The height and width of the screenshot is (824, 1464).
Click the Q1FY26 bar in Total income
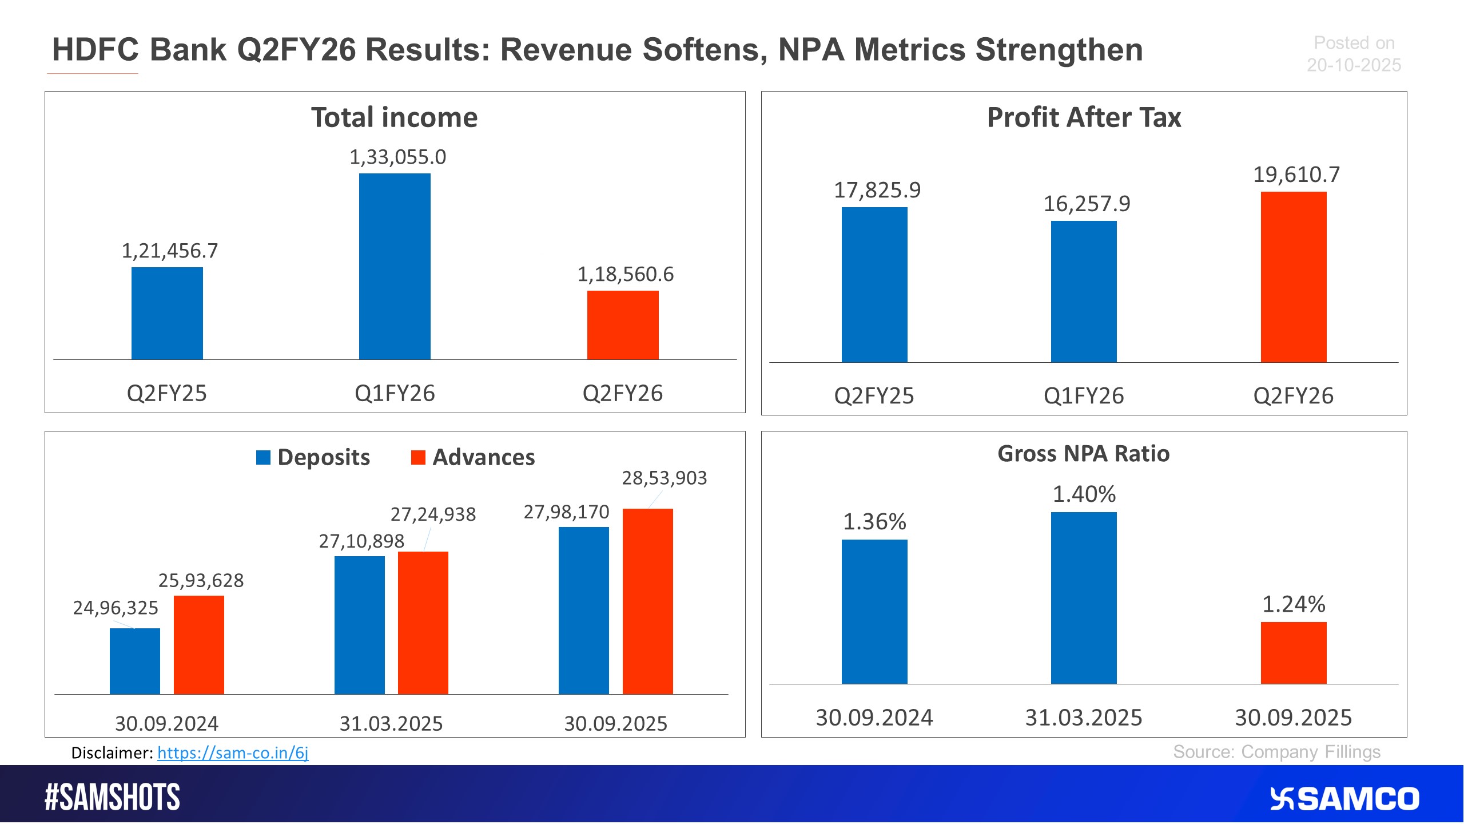click(395, 266)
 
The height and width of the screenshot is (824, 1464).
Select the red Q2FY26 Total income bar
click(623, 325)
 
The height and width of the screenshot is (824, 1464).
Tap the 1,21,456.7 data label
click(169, 251)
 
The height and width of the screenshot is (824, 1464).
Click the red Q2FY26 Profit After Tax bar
click(1294, 277)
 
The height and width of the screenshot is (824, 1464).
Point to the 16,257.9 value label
click(1087, 204)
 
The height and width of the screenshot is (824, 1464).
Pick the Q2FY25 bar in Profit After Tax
click(874, 284)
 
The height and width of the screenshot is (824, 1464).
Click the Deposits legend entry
click(313, 457)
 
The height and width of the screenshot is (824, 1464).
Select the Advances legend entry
click(474, 457)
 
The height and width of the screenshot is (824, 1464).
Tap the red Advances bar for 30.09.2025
click(647, 601)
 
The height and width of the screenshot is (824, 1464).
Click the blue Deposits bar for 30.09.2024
click(135, 661)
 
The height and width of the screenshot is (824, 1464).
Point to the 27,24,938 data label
click(433, 514)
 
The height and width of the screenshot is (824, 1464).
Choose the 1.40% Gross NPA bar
click(1084, 598)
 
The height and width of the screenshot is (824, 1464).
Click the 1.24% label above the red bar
click(1294, 604)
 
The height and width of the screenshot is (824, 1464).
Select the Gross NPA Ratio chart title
click(1084, 454)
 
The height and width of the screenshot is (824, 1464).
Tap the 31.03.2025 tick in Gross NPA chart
click(1084, 718)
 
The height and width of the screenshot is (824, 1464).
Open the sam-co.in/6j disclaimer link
click(233, 752)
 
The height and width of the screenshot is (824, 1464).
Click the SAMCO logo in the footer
click(1345, 799)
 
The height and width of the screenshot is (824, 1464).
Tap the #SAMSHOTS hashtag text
click(112, 798)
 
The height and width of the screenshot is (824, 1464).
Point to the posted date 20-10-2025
click(1354, 65)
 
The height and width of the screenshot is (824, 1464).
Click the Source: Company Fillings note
click(1276, 752)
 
